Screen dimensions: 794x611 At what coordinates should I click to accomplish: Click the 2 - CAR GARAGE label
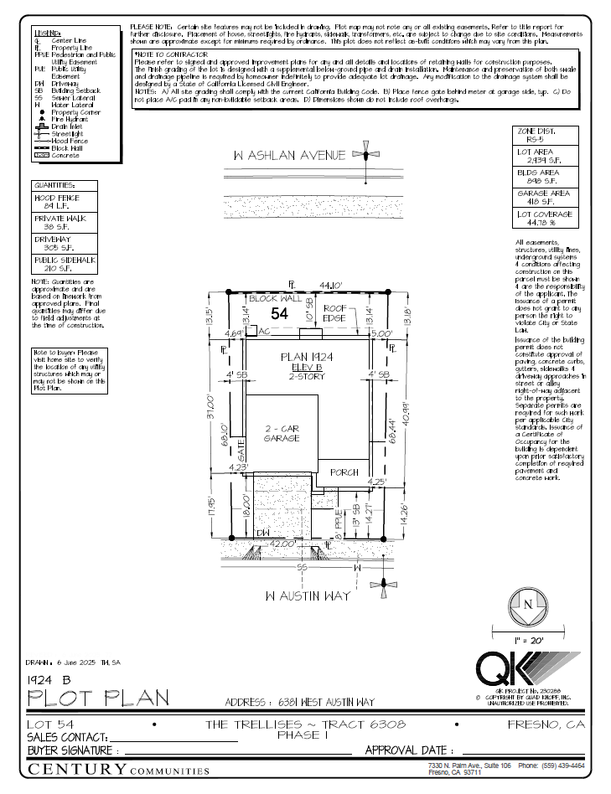pyautogui.click(x=281, y=433)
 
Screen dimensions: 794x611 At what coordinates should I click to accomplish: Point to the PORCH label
pyautogui.click(x=344, y=472)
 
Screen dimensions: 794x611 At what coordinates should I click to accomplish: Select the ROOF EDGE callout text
pyautogui.click(x=335, y=313)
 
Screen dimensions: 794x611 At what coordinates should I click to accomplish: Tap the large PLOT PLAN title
pyautogui.click(x=99, y=697)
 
